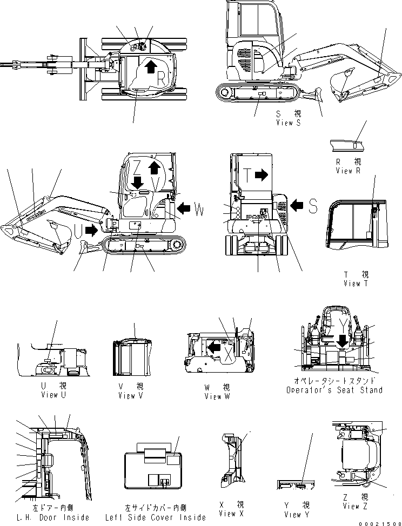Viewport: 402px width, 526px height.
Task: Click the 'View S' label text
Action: pyautogui.click(x=288, y=123)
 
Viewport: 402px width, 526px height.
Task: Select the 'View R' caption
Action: pyautogui.click(x=347, y=171)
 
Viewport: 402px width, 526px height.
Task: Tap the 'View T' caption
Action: pyautogui.click(x=356, y=284)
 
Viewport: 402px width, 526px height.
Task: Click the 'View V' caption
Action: pyautogui.click(x=131, y=395)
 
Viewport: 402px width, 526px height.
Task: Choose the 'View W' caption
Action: pyautogui.click(x=217, y=396)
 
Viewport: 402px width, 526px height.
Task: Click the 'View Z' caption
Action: pyautogui.click(x=355, y=506)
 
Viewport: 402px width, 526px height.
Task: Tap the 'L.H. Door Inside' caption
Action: pyautogui.click(x=53, y=517)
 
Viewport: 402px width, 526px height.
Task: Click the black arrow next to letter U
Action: pyautogui.click(x=92, y=231)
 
